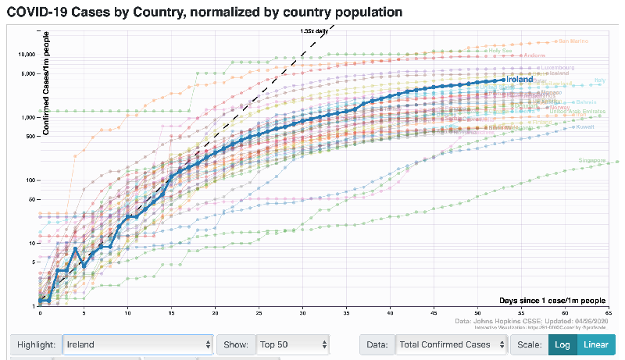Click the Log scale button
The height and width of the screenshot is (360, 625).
pos(560,344)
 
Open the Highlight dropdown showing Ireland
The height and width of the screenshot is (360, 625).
pos(137,344)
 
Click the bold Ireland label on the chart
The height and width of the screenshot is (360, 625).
pos(519,79)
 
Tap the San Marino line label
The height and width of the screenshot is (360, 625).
pos(573,41)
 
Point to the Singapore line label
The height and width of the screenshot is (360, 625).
pos(591,160)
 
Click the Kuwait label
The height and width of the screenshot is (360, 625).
pos(584,127)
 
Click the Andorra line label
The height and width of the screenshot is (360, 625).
pos(534,55)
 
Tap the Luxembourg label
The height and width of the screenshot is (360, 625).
pos(557,67)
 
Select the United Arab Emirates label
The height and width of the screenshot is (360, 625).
pos(578,112)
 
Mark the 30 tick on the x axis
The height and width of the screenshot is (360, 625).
pos(302,313)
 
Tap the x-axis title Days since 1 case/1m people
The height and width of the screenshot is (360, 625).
pos(552,300)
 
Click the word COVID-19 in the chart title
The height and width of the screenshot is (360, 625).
pos(39,12)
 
